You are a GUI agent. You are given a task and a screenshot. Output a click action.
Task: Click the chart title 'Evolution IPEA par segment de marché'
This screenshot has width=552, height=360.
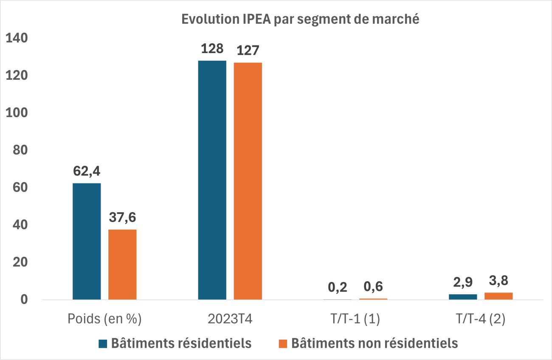(x=301, y=20)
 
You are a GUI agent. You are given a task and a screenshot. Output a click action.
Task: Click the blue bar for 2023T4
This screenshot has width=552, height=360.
(x=212, y=180)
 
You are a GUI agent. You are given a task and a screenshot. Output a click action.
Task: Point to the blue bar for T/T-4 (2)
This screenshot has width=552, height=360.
(x=463, y=297)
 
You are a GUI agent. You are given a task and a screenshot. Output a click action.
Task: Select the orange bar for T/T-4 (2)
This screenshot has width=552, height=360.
(x=498, y=296)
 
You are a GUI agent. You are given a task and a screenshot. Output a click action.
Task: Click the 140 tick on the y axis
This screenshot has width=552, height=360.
(x=16, y=38)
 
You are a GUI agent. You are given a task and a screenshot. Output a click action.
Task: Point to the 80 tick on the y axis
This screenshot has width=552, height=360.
(x=20, y=150)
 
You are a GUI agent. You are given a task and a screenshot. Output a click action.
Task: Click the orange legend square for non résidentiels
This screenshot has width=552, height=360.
(x=284, y=343)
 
